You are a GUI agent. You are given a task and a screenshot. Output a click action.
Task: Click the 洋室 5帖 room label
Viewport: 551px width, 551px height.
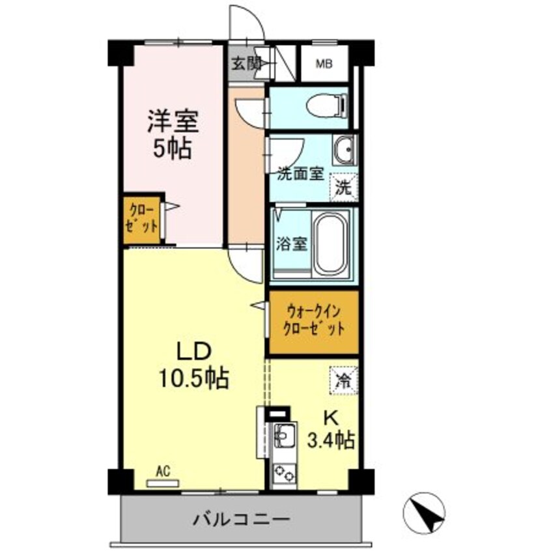(x=173, y=135)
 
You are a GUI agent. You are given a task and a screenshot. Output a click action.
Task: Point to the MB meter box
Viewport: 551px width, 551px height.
(x=324, y=64)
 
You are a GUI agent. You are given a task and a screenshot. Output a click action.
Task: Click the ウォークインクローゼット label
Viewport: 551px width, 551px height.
(x=313, y=322)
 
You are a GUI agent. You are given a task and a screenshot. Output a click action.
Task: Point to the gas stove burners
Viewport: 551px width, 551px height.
(x=283, y=472)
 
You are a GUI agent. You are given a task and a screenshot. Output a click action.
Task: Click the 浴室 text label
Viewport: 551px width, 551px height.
(x=291, y=240)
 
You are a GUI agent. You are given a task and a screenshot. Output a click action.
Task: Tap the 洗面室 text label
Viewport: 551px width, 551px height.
(x=300, y=174)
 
